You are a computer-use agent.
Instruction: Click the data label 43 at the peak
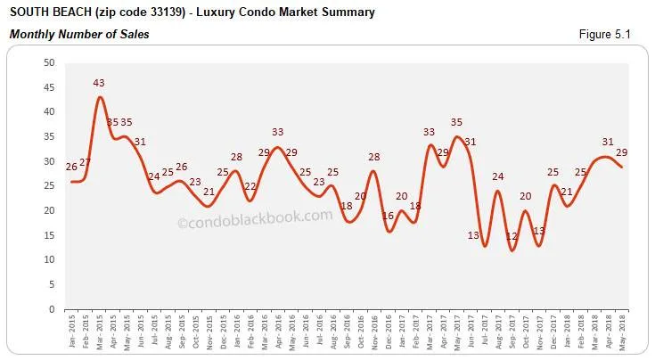[99, 83]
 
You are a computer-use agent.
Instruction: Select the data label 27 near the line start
[86, 162]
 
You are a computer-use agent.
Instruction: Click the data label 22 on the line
[250, 187]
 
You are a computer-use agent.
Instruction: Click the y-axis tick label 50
[49, 63]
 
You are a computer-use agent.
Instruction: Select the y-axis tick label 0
[53, 309]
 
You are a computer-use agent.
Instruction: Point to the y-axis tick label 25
[49, 186]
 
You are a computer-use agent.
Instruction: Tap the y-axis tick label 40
[49, 112]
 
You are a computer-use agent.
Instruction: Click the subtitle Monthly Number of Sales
[79, 34]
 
